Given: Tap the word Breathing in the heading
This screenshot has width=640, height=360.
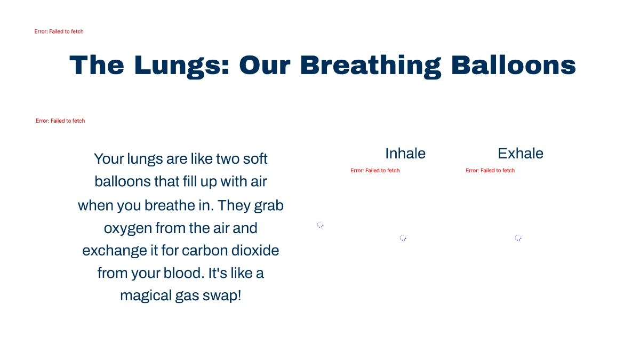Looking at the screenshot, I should point(370,65).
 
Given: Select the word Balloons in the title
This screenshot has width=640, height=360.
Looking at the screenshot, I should point(513,65).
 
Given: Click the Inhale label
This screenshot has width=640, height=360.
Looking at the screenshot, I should point(405,154).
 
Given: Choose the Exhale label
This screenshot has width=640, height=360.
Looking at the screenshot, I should point(521,154).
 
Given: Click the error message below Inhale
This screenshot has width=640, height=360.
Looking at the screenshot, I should point(375,171).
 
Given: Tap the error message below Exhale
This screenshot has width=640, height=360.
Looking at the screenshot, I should point(490,171).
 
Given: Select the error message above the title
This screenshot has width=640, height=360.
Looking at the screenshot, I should point(59,31).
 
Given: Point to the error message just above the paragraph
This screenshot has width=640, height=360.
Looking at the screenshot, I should point(60,121).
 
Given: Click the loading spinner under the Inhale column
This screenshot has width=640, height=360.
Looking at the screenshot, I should point(403,238).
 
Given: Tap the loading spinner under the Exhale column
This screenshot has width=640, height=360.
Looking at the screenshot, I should point(518,238).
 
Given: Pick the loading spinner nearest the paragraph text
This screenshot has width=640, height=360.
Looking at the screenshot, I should point(320,225).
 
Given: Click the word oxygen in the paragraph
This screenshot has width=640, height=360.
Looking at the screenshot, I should point(127,228).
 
